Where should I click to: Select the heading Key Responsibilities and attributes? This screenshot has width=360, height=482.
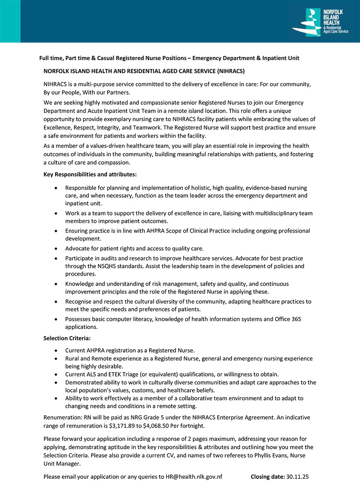[90, 175]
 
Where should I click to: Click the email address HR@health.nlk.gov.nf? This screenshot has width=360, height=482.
[194, 476]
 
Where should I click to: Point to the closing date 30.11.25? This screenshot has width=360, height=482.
[297, 476]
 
